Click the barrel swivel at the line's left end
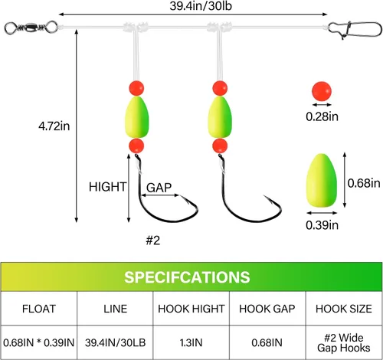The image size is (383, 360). [31, 28]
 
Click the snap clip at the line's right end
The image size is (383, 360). [355, 29]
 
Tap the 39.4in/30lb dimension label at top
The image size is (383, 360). [201, 6]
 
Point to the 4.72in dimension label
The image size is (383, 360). [54, 126]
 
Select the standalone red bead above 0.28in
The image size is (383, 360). [322, 91]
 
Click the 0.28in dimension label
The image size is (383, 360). [322, 116]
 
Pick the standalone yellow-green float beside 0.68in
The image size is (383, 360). [322, 181]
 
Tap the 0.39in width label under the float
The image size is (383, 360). [322, 225]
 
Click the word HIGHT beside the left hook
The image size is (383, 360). [107, 187]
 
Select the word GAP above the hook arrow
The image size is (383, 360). [159, 188]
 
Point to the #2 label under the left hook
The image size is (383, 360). [153, 241]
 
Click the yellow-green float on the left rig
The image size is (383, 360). [136, 117]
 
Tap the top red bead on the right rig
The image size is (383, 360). [220, 88]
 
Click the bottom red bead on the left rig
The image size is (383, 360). [136, 146]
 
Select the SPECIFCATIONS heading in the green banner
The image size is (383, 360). [187, 277]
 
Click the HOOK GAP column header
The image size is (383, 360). [267, 309]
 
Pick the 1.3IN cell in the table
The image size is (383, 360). [191, 342]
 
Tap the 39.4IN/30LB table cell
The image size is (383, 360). [115, 342]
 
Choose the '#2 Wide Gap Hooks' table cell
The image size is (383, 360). [344, 342]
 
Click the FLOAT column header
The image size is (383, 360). [39, 309]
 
